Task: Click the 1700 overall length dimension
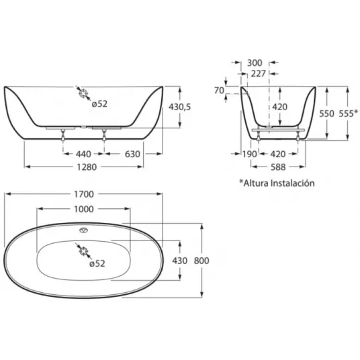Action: point(84,195)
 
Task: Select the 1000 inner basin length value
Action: point(84,209)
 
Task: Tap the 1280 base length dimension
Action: point(87,167)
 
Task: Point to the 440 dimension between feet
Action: point(83,154)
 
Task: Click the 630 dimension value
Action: point(132,154)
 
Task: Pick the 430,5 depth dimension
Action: point(179,107)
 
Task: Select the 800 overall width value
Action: point(201,261)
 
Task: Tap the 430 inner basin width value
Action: point(180,261)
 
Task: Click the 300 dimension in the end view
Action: point(255,62)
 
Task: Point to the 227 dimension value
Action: point(259,74)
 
